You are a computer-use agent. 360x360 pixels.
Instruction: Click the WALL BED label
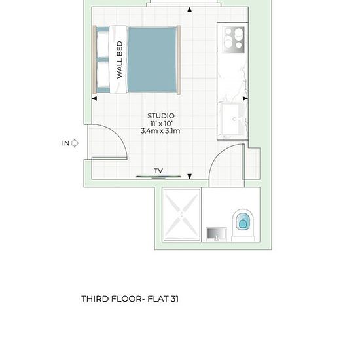pyautogui.click(x=120, y=60)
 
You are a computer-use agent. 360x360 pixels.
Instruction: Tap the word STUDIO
pyautogui.click(x=161, y=116)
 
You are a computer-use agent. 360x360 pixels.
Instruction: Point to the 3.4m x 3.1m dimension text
pyautogui.click(x=160, y=131)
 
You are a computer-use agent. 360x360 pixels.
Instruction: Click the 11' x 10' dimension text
pyautogui.click(x=161, y=123)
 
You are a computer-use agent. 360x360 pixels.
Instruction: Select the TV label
pyautogui.click(x=158, y=171)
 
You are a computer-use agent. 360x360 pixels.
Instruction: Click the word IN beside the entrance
pyautogui.click(x=65, y=143)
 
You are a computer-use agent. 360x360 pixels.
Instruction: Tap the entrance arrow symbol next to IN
pyautogui.click(x=75, y=143)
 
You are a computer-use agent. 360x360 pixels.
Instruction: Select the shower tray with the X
pyautogui.click(x=181, y=215)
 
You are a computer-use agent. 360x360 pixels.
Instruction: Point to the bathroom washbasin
pyautogui.click(x=216, y=234)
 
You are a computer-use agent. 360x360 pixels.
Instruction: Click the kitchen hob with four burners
pyautogui.click(x=234, y=40)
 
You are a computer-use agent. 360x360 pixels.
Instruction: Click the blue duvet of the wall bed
pyautogui.click(x=152, y=60)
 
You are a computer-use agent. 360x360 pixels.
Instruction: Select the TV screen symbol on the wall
pyautogui.click(x=158, y=177)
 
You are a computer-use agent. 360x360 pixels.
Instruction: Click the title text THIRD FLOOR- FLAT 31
pyautogui.click(x=130, y=299)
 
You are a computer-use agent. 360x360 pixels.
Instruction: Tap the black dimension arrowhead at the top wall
pyautogui.click(x=189, y=9)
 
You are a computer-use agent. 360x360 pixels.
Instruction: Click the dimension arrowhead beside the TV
pyautogui.click(x=189, y=176)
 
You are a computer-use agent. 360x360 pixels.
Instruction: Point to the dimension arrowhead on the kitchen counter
pyautogui.click(x=245, y=98)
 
